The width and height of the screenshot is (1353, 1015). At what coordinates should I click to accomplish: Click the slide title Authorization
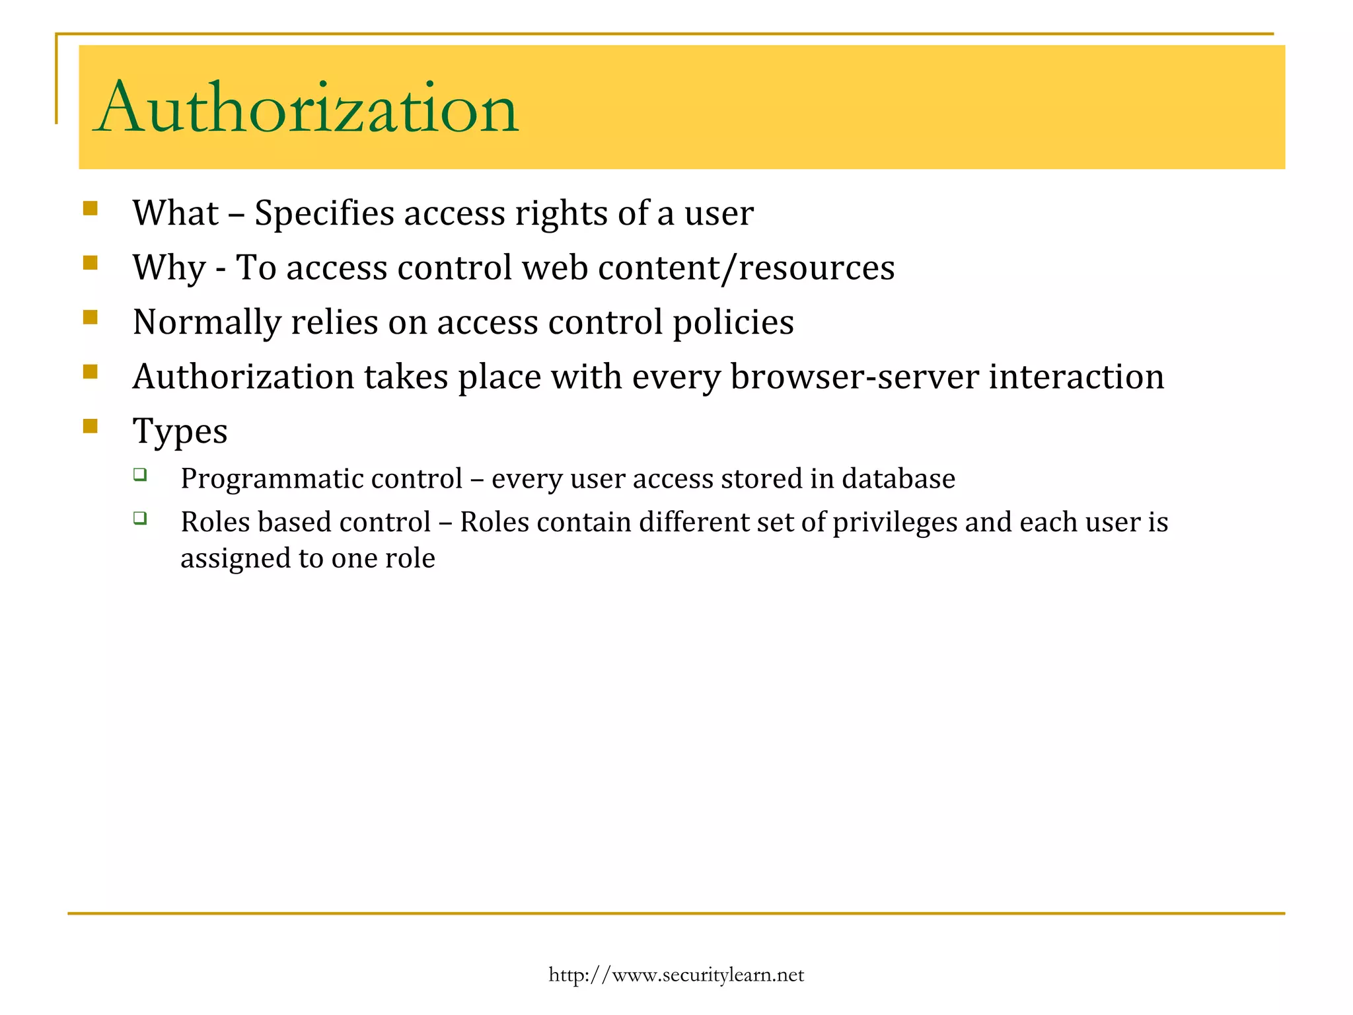pos(305,108)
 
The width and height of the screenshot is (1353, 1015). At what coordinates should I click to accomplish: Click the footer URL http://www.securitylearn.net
pos(676,975)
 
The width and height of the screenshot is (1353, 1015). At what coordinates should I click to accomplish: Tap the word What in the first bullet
pos(175,213)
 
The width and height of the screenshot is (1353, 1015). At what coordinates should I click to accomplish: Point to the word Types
pos(180,432)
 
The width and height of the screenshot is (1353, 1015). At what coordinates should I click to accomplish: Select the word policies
pos(733,323)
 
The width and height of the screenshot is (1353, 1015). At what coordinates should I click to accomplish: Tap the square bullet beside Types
pos(91,426)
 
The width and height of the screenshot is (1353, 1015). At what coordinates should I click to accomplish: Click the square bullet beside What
pos(91,209)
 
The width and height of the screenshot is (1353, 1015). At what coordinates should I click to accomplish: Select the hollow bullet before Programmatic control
pos(139,474)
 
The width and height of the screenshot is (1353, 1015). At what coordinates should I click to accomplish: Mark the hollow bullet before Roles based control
pos(139,517)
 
